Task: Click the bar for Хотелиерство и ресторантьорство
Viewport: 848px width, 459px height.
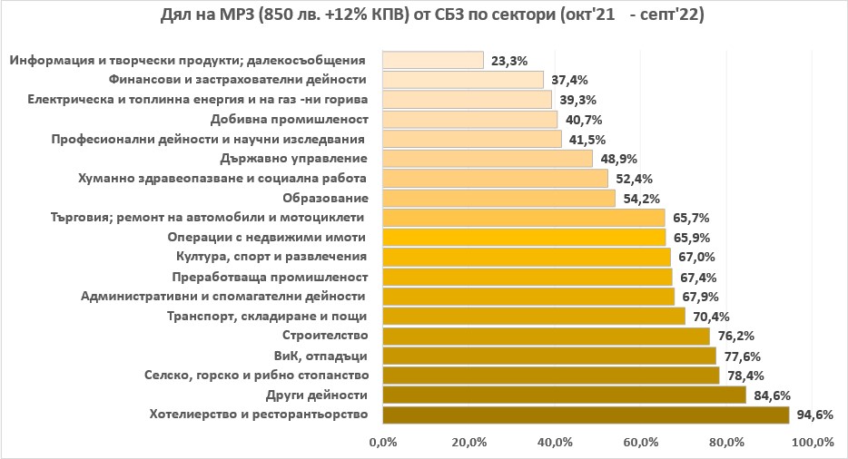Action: (586, 415)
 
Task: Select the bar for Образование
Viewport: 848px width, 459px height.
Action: (498, 198)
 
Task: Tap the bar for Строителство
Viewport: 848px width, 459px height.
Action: (546, 336)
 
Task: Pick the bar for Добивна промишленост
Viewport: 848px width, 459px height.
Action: (469, 119)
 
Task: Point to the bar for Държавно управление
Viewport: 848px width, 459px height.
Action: (488, 159)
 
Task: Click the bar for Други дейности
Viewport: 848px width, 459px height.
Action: (564, 395)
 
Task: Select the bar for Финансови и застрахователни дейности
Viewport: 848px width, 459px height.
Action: (463, 80)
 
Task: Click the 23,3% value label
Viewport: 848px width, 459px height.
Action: (508, 61)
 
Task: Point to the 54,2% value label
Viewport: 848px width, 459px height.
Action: (641, 199)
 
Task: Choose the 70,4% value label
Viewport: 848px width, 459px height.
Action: (711, 317)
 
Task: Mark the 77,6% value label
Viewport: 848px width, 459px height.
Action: (742, 356)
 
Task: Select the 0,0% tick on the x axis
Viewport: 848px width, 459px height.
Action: (382, 443)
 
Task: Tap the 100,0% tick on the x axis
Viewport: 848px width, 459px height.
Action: (812, 443)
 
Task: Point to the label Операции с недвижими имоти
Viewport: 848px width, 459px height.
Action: (267, 238)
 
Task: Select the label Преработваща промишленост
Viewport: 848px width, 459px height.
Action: (270, 277)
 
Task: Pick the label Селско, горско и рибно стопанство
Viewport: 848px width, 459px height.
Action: (256, 376)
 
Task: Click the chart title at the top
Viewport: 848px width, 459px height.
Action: (424, 17)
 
